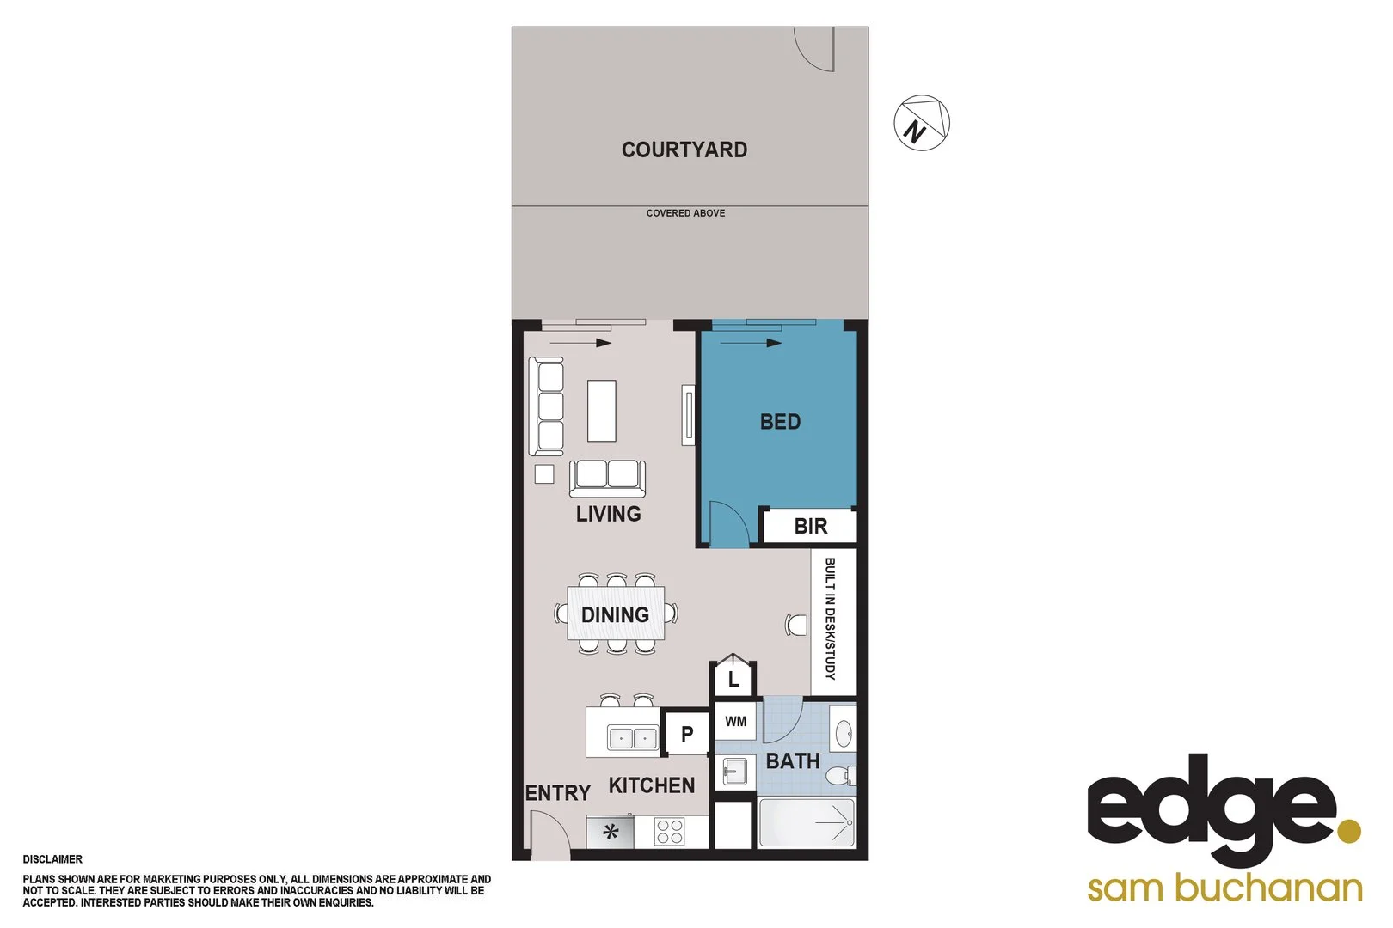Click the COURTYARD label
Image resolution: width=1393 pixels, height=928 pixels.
pyautogui.click(x=684, y=150)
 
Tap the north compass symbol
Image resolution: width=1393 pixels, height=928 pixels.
pyautogui.click(x=922, y=123)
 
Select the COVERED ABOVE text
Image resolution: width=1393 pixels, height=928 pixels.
pyautogui.click(x=685, y=213)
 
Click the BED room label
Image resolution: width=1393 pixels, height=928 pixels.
pyautogui.click(x=780, y=422)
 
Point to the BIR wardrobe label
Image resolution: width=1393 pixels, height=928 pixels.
pyautogui.click(x=810, y=526)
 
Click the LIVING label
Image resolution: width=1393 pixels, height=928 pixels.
pyautogui.click(x=608, y=514)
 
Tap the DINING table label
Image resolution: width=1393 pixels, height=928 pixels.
pyautogui.click(x=615, y=614)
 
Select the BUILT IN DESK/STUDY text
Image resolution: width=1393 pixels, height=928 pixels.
pyautogui.click(x=831, y=619)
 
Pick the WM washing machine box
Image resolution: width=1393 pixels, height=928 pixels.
pyautogui.click(x=735, y=721)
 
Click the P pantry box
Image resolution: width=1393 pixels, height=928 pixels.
pyautogui.click(x=686, y=734)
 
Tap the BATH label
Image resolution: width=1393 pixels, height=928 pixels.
pyautogui.click(x=792, y=761)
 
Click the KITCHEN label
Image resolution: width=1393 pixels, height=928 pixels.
pyautogui.click(x=651, y=785)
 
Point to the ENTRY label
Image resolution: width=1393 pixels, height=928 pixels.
pyautogui.click(x=557, y=793)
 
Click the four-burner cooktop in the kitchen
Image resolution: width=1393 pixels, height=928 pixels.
pyautogui.click(x=669, y=832)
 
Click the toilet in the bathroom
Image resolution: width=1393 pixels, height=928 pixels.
pyautogui.click(x=839, y=776)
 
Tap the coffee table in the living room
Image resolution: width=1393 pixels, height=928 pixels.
pyautogui.click(x=602, y=411)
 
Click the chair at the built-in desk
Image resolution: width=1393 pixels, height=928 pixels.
pyautogui.click(x=796, y=624)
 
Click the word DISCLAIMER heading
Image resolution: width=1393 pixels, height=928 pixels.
pyautogui.click(x=52, y=859)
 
